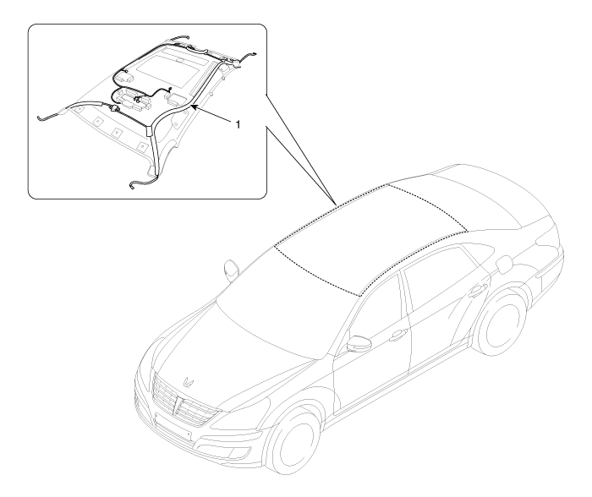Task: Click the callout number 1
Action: click(238, 124)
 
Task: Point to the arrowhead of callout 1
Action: click(194, 108)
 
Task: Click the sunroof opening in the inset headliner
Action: click(171, 68)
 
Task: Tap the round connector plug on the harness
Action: click(114, 109)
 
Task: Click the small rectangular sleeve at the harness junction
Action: click(148, 131)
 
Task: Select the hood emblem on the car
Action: click(188, 382)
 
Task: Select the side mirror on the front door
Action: click(358, 343)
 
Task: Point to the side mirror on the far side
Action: click(231, 270)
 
